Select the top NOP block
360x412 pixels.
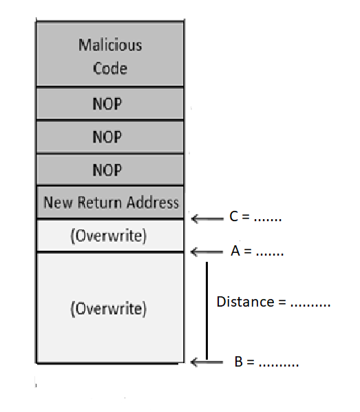[x=110, y=103]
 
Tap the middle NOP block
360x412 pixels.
[x=110, y=137]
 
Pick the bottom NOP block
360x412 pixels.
[x=110, y=169]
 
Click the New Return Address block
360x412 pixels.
[x=110, y=203]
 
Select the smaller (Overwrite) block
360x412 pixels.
[x=110, y=236]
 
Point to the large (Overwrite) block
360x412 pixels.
[x=110, y=308]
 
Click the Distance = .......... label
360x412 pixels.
[x=273, y=302]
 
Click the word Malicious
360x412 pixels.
[x=110, y=45]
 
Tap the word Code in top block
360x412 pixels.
[x=110, y=68]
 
